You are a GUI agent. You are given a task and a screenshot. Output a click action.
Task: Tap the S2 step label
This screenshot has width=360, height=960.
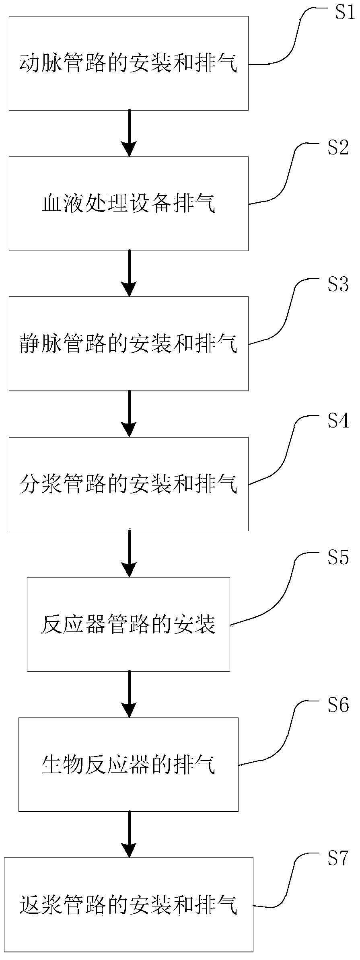point(337,148)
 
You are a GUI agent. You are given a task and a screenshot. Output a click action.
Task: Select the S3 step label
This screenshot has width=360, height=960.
point(337,285)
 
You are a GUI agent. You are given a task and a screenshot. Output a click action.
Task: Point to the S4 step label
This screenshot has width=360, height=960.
point(337,421)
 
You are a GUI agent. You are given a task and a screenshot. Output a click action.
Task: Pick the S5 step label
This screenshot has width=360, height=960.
point(337,558)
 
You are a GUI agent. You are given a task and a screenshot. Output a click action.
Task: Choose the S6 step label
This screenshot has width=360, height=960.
point(337,705)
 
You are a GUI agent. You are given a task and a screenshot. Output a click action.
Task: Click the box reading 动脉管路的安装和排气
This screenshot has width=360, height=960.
point(128,63)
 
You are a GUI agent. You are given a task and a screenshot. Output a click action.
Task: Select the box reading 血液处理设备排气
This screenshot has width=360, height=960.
point(128,204)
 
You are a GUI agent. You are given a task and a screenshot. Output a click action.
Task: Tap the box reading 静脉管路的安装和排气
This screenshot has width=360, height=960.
point(128,343)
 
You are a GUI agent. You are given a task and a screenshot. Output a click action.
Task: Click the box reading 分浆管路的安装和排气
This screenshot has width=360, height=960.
point(128,484)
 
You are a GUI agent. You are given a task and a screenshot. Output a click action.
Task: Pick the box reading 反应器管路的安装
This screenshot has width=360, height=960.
point(128,624)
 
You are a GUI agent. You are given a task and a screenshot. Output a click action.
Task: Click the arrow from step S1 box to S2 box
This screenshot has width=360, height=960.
point(129,133)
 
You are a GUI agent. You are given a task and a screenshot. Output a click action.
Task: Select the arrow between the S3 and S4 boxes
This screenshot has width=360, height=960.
point(129,413)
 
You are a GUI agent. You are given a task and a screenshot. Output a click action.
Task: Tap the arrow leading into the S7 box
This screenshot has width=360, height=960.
point(129,834)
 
